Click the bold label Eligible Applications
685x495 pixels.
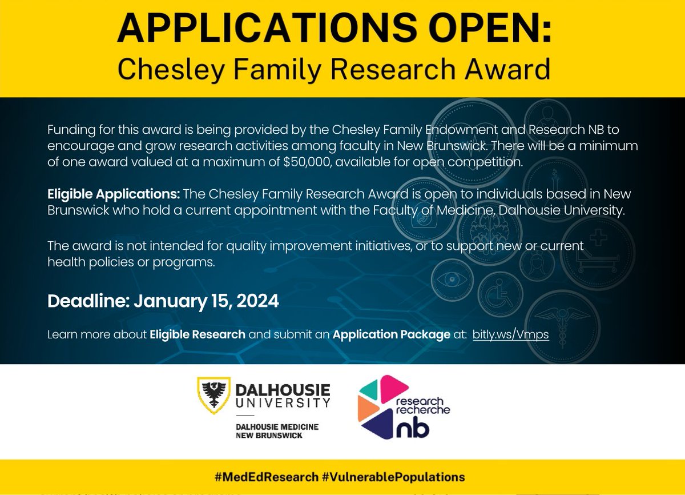[x=114, y=194]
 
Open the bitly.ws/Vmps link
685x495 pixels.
[x=510, y=334]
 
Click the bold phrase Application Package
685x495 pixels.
[x=391, y=334]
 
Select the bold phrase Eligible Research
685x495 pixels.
[x=198, y=334]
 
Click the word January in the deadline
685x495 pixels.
[x=172, y=301]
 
